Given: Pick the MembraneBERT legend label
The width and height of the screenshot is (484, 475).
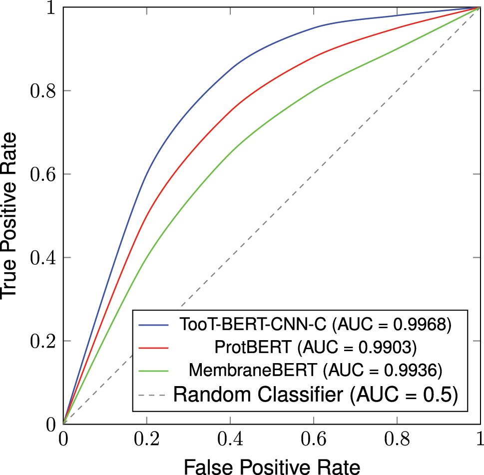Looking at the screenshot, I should [253, 371].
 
